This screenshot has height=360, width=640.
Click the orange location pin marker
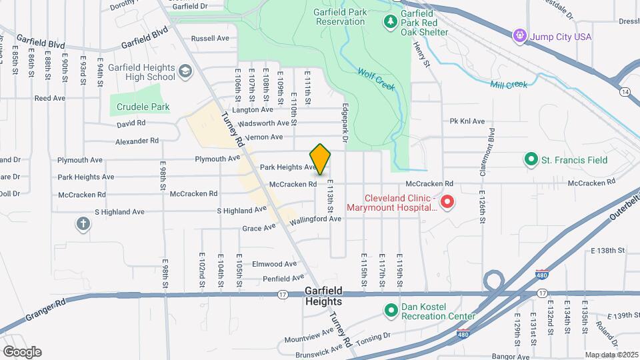[321, 159]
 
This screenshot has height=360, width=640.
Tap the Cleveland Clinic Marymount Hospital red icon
[449, 201]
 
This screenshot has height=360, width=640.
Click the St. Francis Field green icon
[531, 159]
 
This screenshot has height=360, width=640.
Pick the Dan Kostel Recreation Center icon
[391, 310]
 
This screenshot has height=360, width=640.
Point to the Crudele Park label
[143, 107]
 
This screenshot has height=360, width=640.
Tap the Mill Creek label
[509, 85]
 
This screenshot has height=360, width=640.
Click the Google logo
[22, 351]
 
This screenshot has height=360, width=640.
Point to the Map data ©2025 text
[611, 355]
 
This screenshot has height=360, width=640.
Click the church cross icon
[83, 224]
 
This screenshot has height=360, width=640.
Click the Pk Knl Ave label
[467, 121]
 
